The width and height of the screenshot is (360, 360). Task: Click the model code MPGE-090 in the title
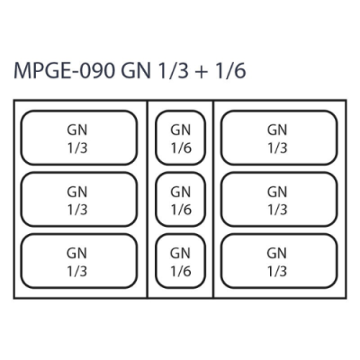tap(65, 71)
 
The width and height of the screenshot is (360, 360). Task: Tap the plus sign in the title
tap(202, 72)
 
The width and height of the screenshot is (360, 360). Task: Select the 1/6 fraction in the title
tap(230, 71)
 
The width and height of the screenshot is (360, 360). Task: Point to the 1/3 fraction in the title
tap(175, 71)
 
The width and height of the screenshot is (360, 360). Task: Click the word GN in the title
tap(136, 71)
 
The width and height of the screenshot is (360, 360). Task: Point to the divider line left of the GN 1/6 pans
tap(148, 199)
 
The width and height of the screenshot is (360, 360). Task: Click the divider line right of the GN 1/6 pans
tap(213, 199)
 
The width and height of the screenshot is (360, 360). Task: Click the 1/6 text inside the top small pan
tap(181, 148)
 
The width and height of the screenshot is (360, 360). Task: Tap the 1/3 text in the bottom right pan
tap(277, 272)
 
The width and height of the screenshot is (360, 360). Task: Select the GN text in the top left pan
tap(77, 130)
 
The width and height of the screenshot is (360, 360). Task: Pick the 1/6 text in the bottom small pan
tap(181, 272)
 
